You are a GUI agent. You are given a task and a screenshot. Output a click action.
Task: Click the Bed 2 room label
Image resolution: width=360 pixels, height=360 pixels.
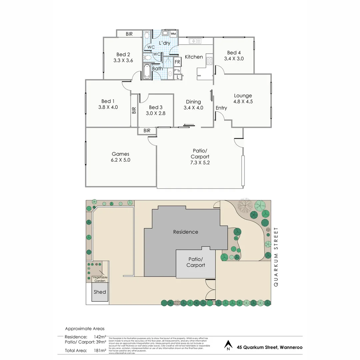(x=123, y=54)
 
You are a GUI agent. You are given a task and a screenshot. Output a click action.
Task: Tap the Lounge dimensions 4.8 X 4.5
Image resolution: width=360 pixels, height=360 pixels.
(x=243, y=102)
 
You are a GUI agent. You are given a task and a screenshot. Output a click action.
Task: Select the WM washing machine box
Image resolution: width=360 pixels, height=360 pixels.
(x=173, y=34)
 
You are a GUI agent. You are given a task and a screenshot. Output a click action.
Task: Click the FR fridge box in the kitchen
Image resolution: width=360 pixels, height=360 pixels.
(x=177, y=62)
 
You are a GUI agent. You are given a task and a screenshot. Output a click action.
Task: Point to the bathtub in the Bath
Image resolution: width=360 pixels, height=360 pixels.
(x=147, y=71)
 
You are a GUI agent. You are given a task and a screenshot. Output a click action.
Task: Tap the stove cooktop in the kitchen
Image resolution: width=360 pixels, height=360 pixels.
(x=209, y=61)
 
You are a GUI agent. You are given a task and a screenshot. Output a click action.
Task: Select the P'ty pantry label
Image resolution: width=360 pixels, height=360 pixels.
(x=177, y=70)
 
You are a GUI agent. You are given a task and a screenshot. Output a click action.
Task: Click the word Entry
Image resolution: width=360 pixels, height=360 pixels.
(x=221, y=108)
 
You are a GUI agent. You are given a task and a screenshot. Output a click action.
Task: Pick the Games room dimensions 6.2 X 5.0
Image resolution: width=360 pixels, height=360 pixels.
(x=120, y=160)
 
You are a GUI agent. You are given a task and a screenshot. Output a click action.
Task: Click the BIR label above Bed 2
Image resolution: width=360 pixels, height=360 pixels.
(x=129, y=34)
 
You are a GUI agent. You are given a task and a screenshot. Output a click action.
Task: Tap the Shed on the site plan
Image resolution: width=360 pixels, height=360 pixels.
(x=100, y=292)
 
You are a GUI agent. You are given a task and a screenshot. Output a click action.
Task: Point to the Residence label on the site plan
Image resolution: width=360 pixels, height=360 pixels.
(x=186, y=232)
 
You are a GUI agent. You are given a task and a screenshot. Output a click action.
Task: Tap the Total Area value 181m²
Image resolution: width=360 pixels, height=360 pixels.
(x=100, y=350)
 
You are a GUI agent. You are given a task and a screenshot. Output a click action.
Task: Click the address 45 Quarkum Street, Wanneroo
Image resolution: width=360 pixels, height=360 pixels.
(x=270, y=347)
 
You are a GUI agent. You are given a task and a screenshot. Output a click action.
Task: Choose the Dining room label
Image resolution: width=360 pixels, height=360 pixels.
(x=193, y=102)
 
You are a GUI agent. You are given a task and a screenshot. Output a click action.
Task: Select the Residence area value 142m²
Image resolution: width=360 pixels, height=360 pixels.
(x=100, y=337)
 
